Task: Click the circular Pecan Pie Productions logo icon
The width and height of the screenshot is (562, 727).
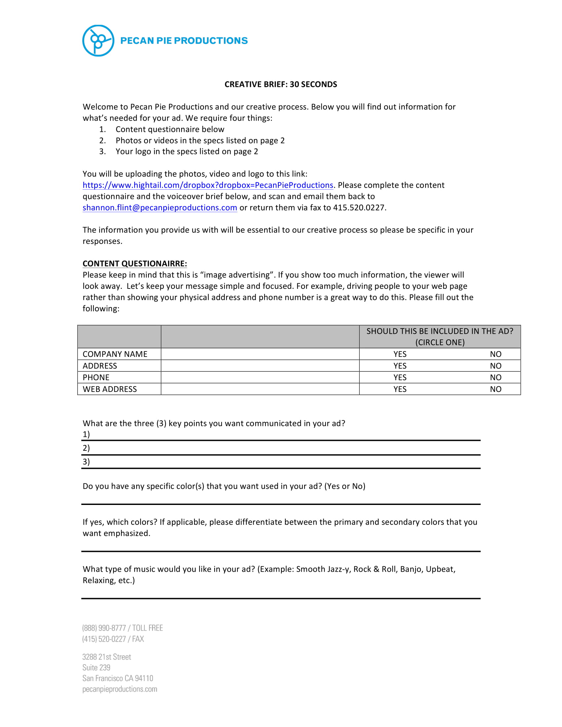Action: [x=98, y=41]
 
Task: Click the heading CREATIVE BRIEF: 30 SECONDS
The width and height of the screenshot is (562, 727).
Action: [x=281, y=84]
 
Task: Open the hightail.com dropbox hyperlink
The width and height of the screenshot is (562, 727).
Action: [x=208, y=185]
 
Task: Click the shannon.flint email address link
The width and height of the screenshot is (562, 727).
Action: [x=160, y=208]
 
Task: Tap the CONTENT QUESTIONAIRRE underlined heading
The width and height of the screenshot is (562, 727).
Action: [x=135, y=264]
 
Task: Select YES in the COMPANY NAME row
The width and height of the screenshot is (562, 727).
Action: [x=400, y=354]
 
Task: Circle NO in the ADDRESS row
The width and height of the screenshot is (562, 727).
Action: [x=496, y=366]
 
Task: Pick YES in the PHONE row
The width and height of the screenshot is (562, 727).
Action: [x=400, y=377]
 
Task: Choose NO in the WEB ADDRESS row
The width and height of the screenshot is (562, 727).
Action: [x=496, y=389]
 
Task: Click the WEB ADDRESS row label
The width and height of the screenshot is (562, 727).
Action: [x=109, y=389]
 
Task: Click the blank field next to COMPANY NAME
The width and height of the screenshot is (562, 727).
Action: [x=260, y=354]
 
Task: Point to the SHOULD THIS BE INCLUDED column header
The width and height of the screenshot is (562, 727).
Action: [x=439, y=336]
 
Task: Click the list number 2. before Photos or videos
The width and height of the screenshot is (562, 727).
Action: [x=102, y=140]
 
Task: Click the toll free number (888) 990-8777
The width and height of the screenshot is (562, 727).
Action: [x=104, y=628]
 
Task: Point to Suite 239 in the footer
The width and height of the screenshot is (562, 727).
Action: [x=96, y=668]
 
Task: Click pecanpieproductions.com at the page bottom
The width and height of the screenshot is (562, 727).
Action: [x=120, y=689]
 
